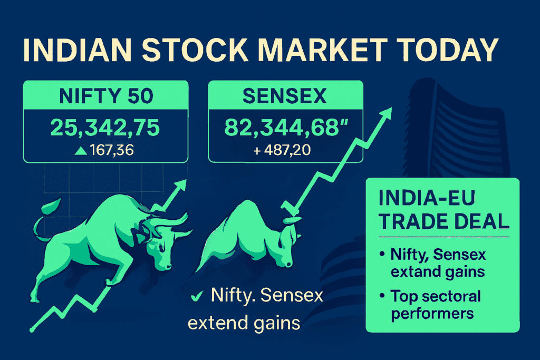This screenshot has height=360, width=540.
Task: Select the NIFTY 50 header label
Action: click(x=106, y=97)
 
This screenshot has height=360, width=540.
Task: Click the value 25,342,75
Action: click(x=106, y=128)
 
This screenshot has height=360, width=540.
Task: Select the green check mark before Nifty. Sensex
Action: click(x=197, y=297)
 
